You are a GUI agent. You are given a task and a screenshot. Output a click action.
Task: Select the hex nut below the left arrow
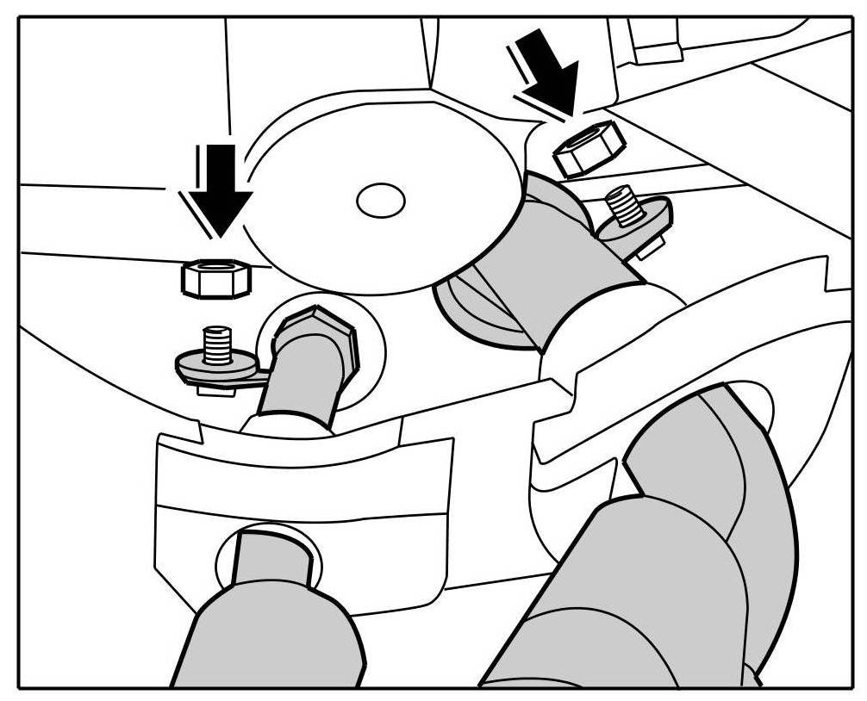[x=215, y=277]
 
